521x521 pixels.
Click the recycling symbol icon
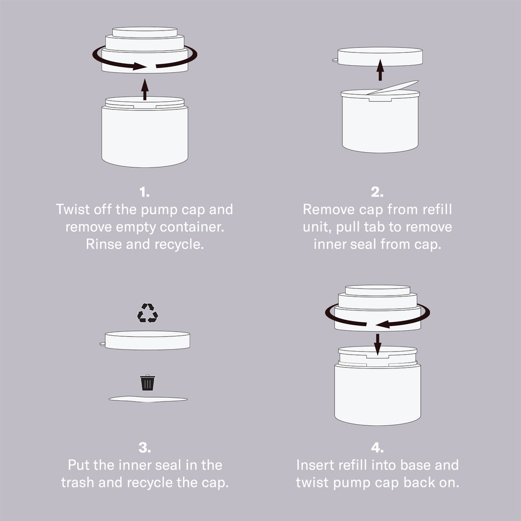point(148,313)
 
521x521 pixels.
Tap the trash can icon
point(148,383)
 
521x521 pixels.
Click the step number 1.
point(144,192)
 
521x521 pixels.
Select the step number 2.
point(377,192)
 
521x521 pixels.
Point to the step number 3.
point(144,448)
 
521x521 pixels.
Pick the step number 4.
point(377,448)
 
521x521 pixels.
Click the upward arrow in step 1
point(144,90)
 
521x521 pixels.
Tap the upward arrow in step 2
point(381,70)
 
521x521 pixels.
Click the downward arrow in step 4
point(378,344)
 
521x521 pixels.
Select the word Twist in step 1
point(73,209)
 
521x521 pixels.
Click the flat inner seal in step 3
point(148,399)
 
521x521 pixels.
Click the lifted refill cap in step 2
point(378,56)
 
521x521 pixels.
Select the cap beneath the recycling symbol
point(146,340)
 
